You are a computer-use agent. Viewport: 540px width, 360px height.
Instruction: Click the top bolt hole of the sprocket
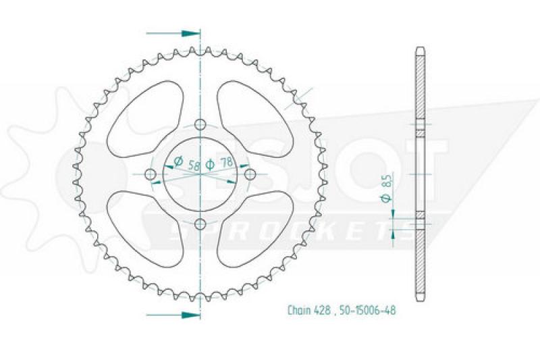200,124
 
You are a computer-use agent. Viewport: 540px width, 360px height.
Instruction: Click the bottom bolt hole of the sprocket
200,224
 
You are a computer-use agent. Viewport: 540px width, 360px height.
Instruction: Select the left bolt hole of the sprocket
150,174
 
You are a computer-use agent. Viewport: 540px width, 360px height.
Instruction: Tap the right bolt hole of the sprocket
250,174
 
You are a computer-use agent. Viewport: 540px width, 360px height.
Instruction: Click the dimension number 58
194,165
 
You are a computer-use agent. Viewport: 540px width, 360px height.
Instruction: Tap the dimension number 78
225,162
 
